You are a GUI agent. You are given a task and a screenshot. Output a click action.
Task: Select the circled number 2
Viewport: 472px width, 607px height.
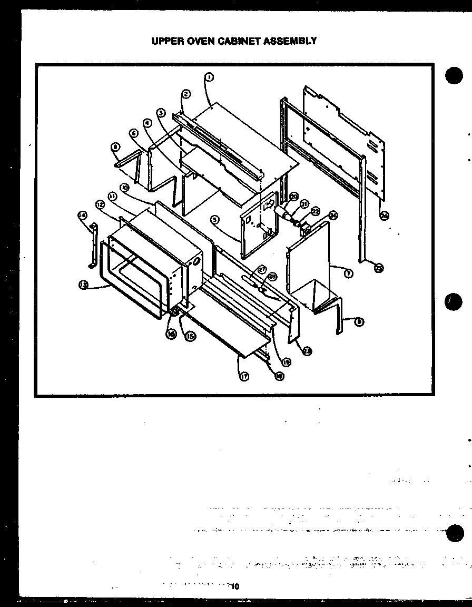pyautogui.click(x=186, y=94)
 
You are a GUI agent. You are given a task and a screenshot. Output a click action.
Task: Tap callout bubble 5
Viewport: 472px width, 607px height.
pyautogui.click(x=214, y=219)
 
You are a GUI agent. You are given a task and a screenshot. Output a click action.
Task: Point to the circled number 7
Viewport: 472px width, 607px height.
pyautogui.click(x=349, y=273)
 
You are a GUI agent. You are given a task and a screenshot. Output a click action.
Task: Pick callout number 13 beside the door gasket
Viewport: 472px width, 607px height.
pyautogui.click(x=83, y=285)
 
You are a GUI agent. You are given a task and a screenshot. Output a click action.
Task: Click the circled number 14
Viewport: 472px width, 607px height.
pyautogui.click(x=82, y=215)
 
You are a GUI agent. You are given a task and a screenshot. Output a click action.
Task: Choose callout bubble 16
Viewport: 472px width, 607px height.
pyautogui.click(x=171, y=334)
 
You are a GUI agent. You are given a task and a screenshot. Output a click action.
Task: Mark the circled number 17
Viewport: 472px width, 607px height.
pyautogui.click(x=244, y=376)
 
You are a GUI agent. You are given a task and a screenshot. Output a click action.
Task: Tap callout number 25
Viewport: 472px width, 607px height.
pyautogui.click(x=379, y=267)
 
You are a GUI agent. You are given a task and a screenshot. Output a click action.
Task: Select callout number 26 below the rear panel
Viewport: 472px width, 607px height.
pyautogui.click(x=384, y=215)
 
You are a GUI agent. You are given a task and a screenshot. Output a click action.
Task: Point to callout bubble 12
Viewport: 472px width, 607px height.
pyautogui.click(x=100, y=204)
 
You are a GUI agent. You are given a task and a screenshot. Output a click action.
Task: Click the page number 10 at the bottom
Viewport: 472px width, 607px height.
pyautogui.click(x=235, y=586)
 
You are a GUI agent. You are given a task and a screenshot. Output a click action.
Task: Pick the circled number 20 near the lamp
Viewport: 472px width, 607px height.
pyautogui.click(x=294, y=197)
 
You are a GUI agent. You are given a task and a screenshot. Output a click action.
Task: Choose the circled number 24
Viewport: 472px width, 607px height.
pyautogui.click(x=333, y=215)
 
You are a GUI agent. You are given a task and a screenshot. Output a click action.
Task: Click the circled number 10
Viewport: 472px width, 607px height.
pyautogui.click(x=124, y=187)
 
